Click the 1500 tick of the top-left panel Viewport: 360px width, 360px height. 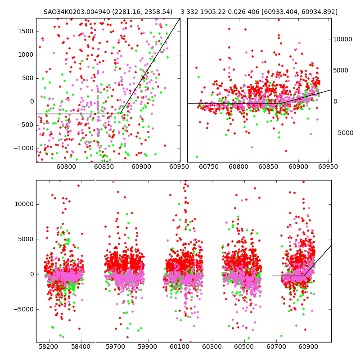click(26, 31)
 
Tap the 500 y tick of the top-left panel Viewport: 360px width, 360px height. click(28, 78)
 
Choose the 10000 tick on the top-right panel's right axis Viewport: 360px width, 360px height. click(342, 39)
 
